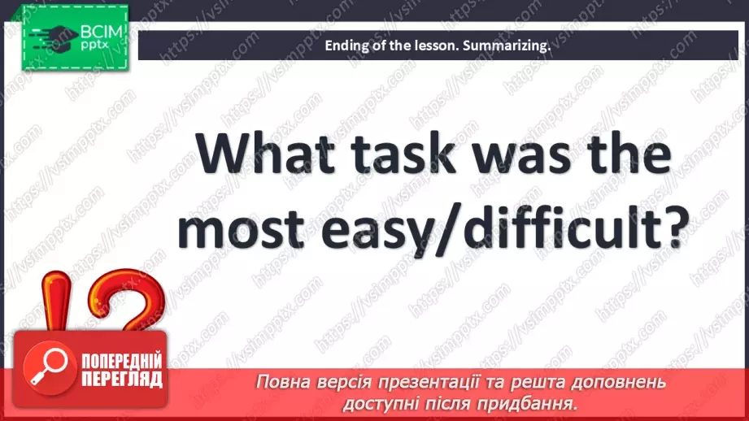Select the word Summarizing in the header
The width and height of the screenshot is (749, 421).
(507, 46)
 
